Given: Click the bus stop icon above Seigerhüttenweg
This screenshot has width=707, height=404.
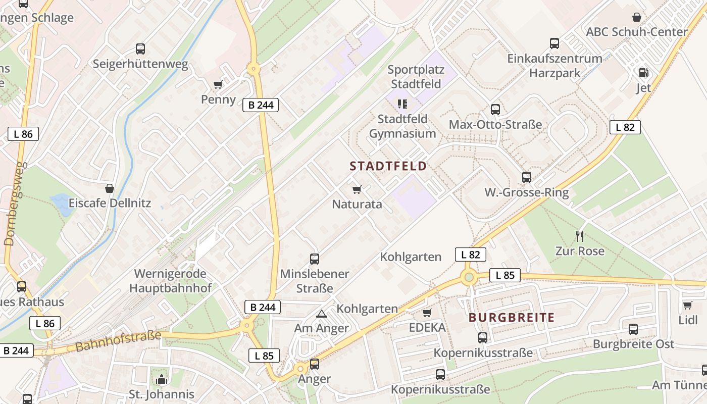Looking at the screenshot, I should coord(140,49).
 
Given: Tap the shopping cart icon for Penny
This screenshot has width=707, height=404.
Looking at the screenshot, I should coord(218,84).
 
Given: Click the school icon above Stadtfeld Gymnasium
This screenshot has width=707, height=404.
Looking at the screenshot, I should coord(402,104).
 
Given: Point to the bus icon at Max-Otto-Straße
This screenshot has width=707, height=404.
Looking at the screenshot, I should coord(495,109).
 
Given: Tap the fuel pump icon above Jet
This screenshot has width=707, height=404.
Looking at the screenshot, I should coord(643,73).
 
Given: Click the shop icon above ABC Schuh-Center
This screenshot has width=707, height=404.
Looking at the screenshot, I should coord(637,17).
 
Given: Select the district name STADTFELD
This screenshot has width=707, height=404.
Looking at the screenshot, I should coord(388,166).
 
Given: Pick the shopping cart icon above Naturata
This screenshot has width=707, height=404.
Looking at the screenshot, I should coord(357,189).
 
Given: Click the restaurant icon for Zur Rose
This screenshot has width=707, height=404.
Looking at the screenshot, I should coord(580,235).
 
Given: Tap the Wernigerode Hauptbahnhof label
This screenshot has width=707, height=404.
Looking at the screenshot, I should coord(170,281).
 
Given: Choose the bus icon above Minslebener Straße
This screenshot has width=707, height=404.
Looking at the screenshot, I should coord(315,259).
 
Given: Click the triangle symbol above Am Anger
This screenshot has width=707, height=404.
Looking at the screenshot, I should coord(321,314).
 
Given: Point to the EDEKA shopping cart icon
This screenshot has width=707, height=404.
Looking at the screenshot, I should coord(427,313).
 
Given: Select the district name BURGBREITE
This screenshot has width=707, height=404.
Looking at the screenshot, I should coord(512,318).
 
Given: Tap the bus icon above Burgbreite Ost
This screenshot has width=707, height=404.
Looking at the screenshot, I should coord(633,329).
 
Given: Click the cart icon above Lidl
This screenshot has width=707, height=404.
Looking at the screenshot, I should coord(687,305).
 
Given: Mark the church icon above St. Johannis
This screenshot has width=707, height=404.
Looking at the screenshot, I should coord(162,379).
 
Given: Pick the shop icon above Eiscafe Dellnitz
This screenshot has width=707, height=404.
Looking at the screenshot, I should coord(110,189).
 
